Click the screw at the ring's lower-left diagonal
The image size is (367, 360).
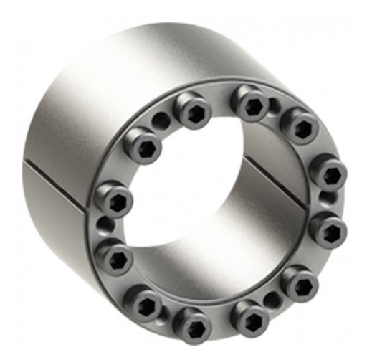(x=146, y=302)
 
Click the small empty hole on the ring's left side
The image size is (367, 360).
(x=108, y=225)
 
